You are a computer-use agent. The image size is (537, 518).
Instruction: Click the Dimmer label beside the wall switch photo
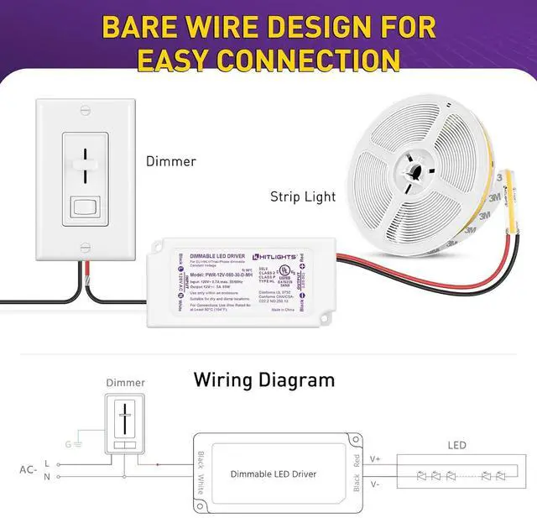(x=170, y=160)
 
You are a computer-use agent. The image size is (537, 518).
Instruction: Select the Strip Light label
(x=303, y=197)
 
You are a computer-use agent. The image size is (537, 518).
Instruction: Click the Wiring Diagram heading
(x=264, y=379)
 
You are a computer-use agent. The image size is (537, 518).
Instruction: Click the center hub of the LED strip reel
(x=414, y=169)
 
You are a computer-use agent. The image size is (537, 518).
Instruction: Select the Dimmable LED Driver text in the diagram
(x=274, y=474)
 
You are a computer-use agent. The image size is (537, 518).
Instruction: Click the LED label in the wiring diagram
(x=456, y=444)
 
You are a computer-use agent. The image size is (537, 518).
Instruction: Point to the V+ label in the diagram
(x=375, y=459)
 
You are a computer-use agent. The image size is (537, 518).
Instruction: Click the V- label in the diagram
(x=375, y=484)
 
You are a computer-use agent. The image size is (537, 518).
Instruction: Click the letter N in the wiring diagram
(x=47, y=477)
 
